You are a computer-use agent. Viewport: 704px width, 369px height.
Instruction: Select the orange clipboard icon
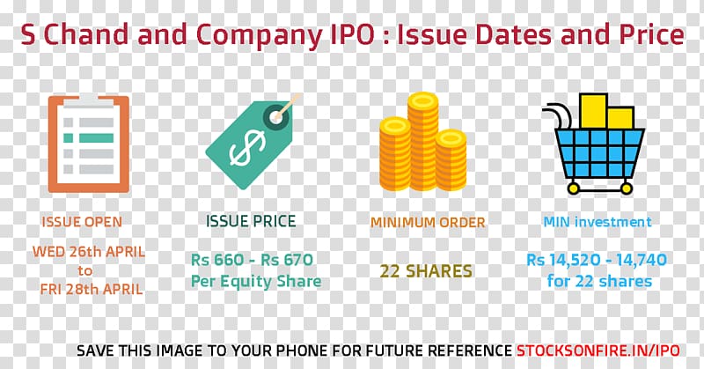click(89, 144)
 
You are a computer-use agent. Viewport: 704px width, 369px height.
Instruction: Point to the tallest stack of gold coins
click(422, 141)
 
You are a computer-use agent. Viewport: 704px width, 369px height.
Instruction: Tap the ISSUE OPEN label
click(82, 222)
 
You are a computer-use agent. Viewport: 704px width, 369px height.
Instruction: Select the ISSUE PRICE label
click(251, 221)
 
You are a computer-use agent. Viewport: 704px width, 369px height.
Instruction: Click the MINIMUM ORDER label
click(428, 223)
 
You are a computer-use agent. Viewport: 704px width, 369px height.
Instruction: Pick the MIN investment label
click(598, 222)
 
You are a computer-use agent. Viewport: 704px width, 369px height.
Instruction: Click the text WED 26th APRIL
click(89, 252)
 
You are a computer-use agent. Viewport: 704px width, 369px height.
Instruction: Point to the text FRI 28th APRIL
click(92, 289)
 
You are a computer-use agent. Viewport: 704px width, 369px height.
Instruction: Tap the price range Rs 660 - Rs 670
click(252, 260)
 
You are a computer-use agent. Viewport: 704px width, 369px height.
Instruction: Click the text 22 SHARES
click(426, 271)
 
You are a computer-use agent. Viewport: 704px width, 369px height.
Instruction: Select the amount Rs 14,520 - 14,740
click(597, 260)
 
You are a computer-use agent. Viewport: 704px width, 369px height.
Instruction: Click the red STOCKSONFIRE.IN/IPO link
click(598, 351)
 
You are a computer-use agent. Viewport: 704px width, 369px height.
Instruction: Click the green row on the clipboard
click(89, 138)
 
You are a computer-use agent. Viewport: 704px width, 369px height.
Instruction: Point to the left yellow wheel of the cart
click(574, 188)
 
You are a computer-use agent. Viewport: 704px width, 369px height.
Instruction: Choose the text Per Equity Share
click(256, 282)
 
